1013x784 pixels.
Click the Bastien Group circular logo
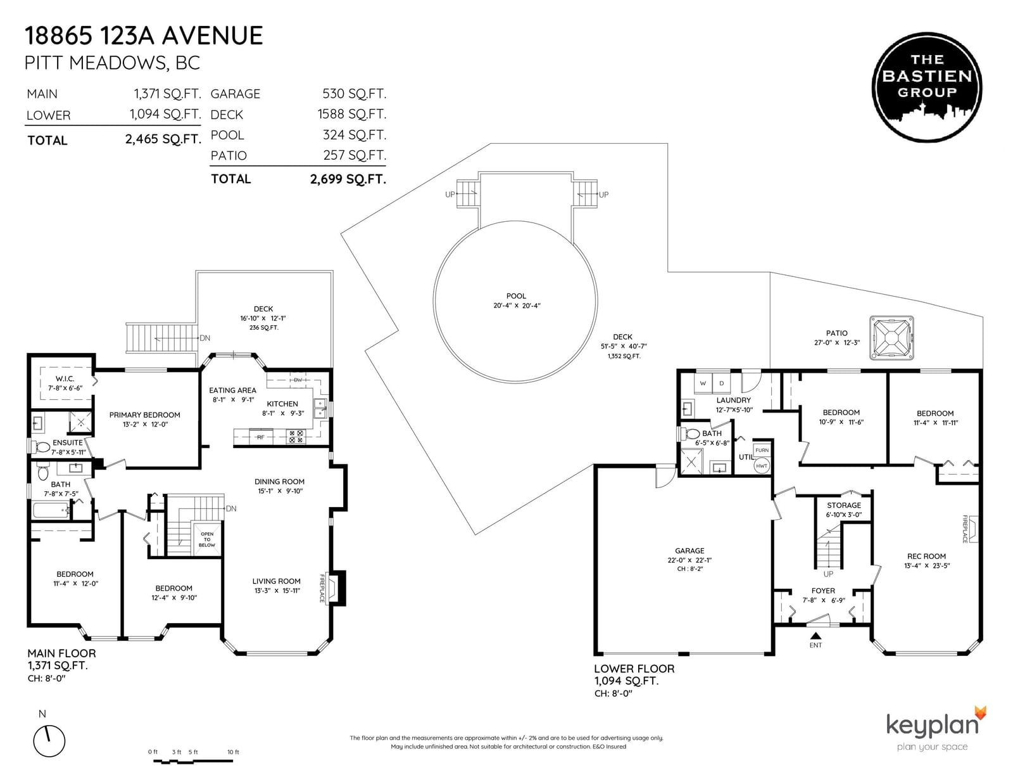(x=927, y=87)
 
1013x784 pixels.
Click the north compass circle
(x=49, y=741)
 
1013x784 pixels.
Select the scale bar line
(x=193, y=762)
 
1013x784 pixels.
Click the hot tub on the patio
(x=891, y=338)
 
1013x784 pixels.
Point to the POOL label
(x=516, y=296)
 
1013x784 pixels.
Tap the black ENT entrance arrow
(x=815, y=635)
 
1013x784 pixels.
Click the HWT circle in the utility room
(x=762, y=466)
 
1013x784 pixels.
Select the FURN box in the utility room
(x=762, y=451)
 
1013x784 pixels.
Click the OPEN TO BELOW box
(x=207, y=539)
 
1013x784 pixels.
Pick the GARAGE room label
(x=689, y=551)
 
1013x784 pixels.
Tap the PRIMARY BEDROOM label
(x=144, y=415)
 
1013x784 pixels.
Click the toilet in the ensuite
(x=42, y=447)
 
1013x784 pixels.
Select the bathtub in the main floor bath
(x=51, y=510)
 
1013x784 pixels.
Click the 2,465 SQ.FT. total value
(x=163, y=139)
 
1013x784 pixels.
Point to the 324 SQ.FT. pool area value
(x=355, y=135)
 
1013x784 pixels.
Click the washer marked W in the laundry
(x=703, y=383)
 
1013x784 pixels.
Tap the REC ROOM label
(x=926, y=556)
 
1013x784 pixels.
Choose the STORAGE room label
(x=844, y=505)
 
